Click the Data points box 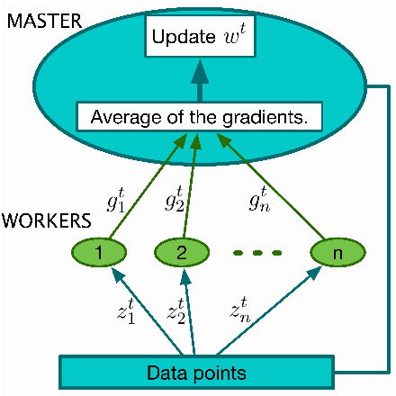[x=196, y=371]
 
